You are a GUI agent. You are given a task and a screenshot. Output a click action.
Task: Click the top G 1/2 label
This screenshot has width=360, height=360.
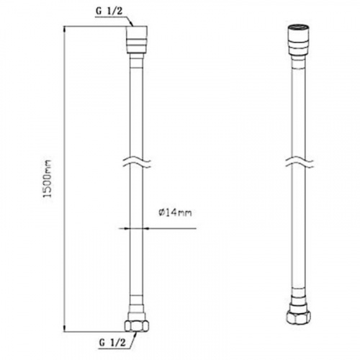tap(109, 12)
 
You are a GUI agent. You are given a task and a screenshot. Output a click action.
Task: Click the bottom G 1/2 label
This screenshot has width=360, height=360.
tap(112, 343)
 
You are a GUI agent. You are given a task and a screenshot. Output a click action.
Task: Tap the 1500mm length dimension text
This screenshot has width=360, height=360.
tap(48, 178)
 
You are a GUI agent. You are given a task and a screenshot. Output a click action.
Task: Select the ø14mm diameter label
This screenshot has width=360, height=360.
tap(175, 212)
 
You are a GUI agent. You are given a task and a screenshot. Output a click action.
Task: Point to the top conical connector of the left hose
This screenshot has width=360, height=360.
tap(137, 40)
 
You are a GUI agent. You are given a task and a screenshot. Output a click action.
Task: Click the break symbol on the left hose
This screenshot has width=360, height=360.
tap(136, 163)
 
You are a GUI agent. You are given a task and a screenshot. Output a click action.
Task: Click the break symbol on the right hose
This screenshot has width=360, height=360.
tap(299, 163)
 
